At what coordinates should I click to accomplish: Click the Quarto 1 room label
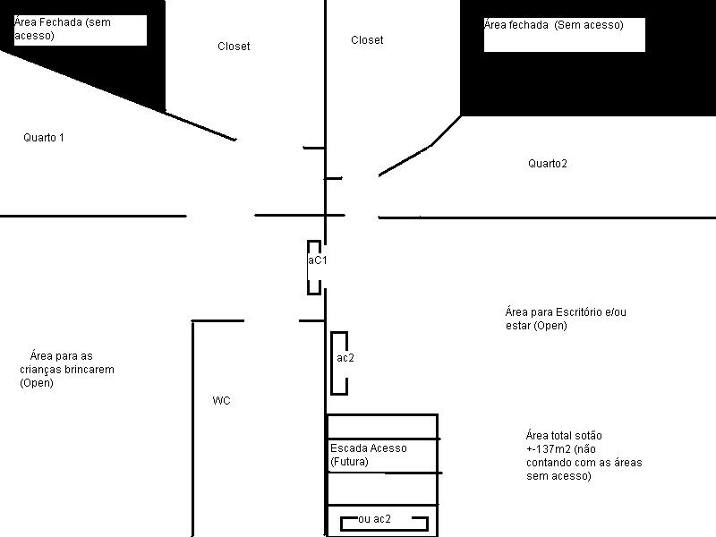click(44, 138)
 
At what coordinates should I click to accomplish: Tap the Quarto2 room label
click(548, 164)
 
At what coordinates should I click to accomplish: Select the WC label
click(221, 400)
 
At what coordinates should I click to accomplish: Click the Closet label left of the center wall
click(234, 47)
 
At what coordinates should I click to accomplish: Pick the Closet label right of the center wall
click(367, 39)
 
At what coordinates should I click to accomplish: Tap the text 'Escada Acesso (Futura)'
click(369, 455)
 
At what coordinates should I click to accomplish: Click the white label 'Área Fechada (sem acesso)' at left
click(81, 30)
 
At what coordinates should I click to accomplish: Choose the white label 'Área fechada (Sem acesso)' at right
click(565, 35)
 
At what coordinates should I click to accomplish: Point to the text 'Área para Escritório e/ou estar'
click(566, 319)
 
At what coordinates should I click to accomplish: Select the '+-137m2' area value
click(549, 449)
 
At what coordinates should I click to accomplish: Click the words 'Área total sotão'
click(564, 435)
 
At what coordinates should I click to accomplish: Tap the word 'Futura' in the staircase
click(349, 462)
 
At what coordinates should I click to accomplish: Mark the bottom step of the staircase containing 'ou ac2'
click(383, 521)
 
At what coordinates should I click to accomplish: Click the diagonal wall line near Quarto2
click(405, 161)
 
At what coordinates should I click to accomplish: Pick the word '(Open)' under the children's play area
click(37, 383)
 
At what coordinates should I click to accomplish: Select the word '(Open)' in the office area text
click(550, 326)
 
